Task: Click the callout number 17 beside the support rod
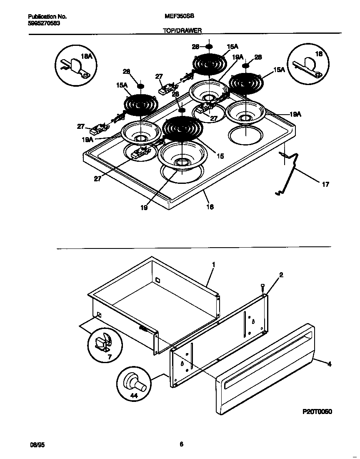325,184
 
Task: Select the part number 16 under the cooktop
210,206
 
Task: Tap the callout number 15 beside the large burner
220,156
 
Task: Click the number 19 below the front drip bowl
144,207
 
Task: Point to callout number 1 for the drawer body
213,264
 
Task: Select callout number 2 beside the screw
281,275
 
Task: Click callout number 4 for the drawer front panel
329,364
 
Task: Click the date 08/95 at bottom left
36,445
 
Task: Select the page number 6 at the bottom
181,444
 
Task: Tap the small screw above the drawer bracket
262,286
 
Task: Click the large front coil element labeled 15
182,128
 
